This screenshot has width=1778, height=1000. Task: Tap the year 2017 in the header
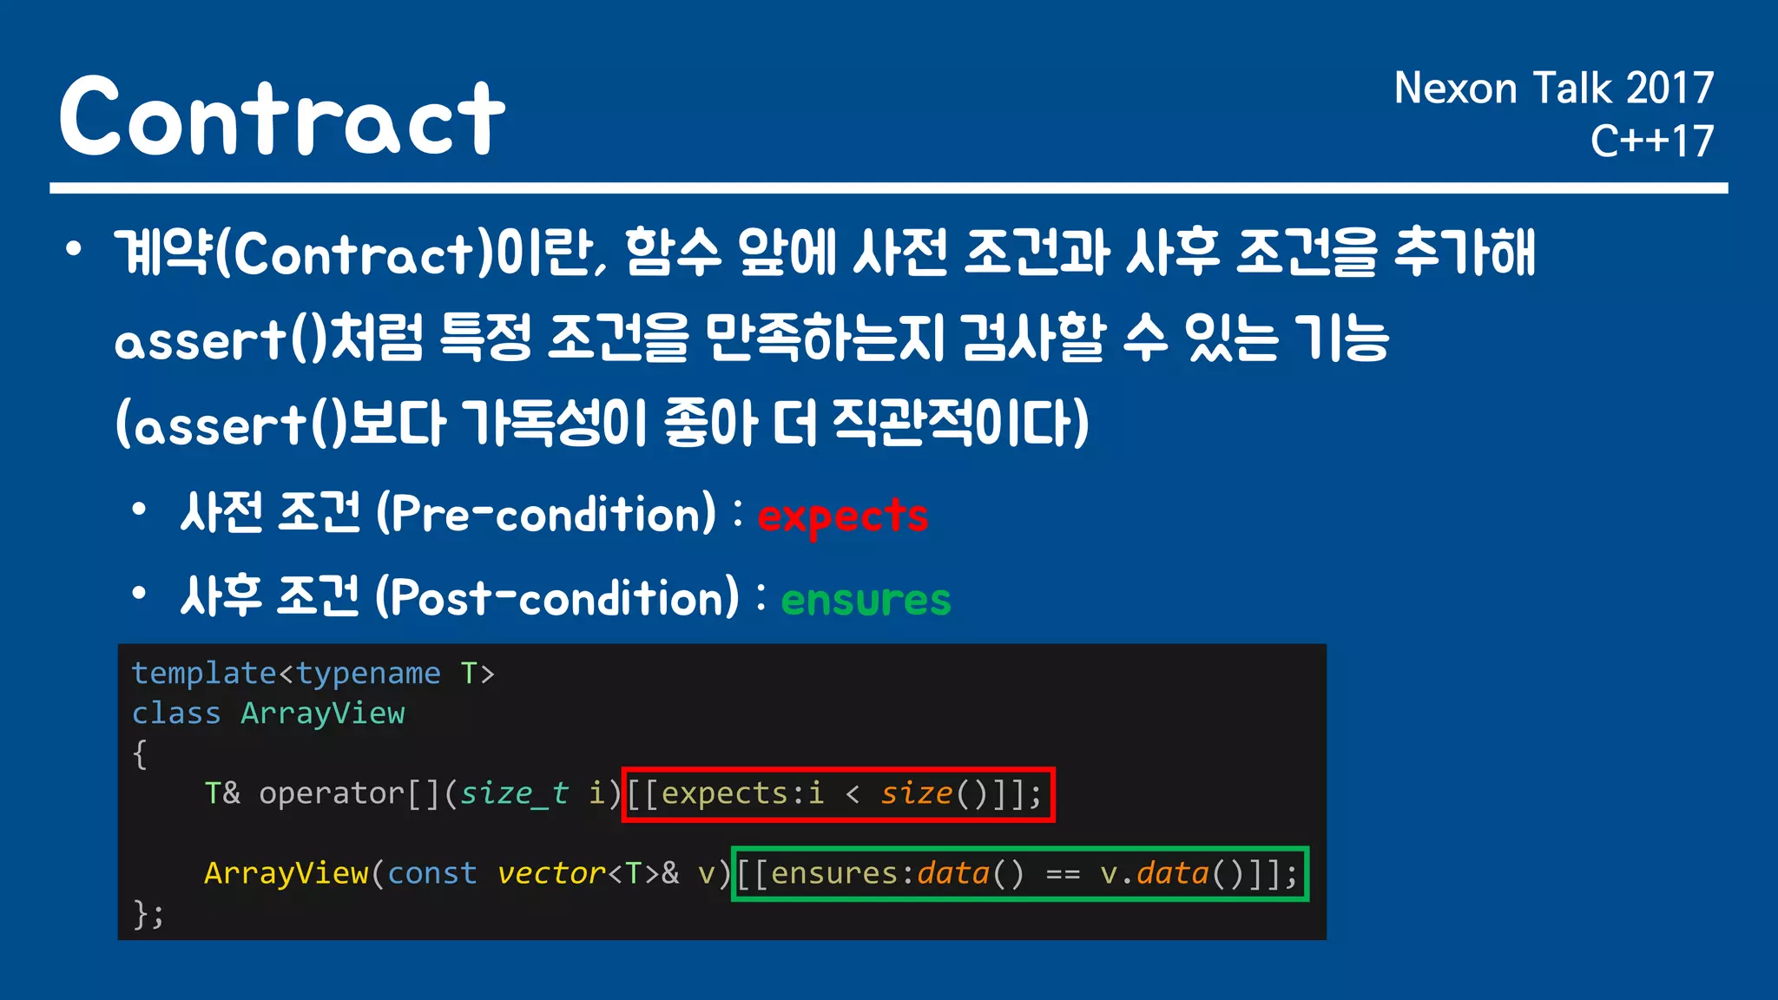pos(1669,89)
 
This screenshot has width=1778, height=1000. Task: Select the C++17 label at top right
pos(1651,141)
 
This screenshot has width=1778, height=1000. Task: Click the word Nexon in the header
pos(1455,89)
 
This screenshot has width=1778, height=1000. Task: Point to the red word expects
pos(842,516)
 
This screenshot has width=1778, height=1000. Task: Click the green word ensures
pos(866,600)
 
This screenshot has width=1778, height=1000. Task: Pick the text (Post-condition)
pos(557,598)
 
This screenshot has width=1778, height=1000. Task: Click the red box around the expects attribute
pos(838,794)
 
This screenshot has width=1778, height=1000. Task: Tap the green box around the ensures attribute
pos(1019,874)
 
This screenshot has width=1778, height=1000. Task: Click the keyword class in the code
pos(176,714)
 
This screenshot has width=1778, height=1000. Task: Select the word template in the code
pos(204,674)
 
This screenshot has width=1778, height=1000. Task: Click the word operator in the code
pos(332,793)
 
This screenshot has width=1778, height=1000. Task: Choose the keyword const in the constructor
pos(431,873)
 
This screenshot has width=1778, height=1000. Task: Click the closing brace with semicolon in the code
pos(148,913)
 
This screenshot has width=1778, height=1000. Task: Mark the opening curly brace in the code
pos(140,753)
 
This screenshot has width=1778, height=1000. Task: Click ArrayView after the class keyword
pos(322,714)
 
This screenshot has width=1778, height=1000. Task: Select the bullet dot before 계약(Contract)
pos(74,250)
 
